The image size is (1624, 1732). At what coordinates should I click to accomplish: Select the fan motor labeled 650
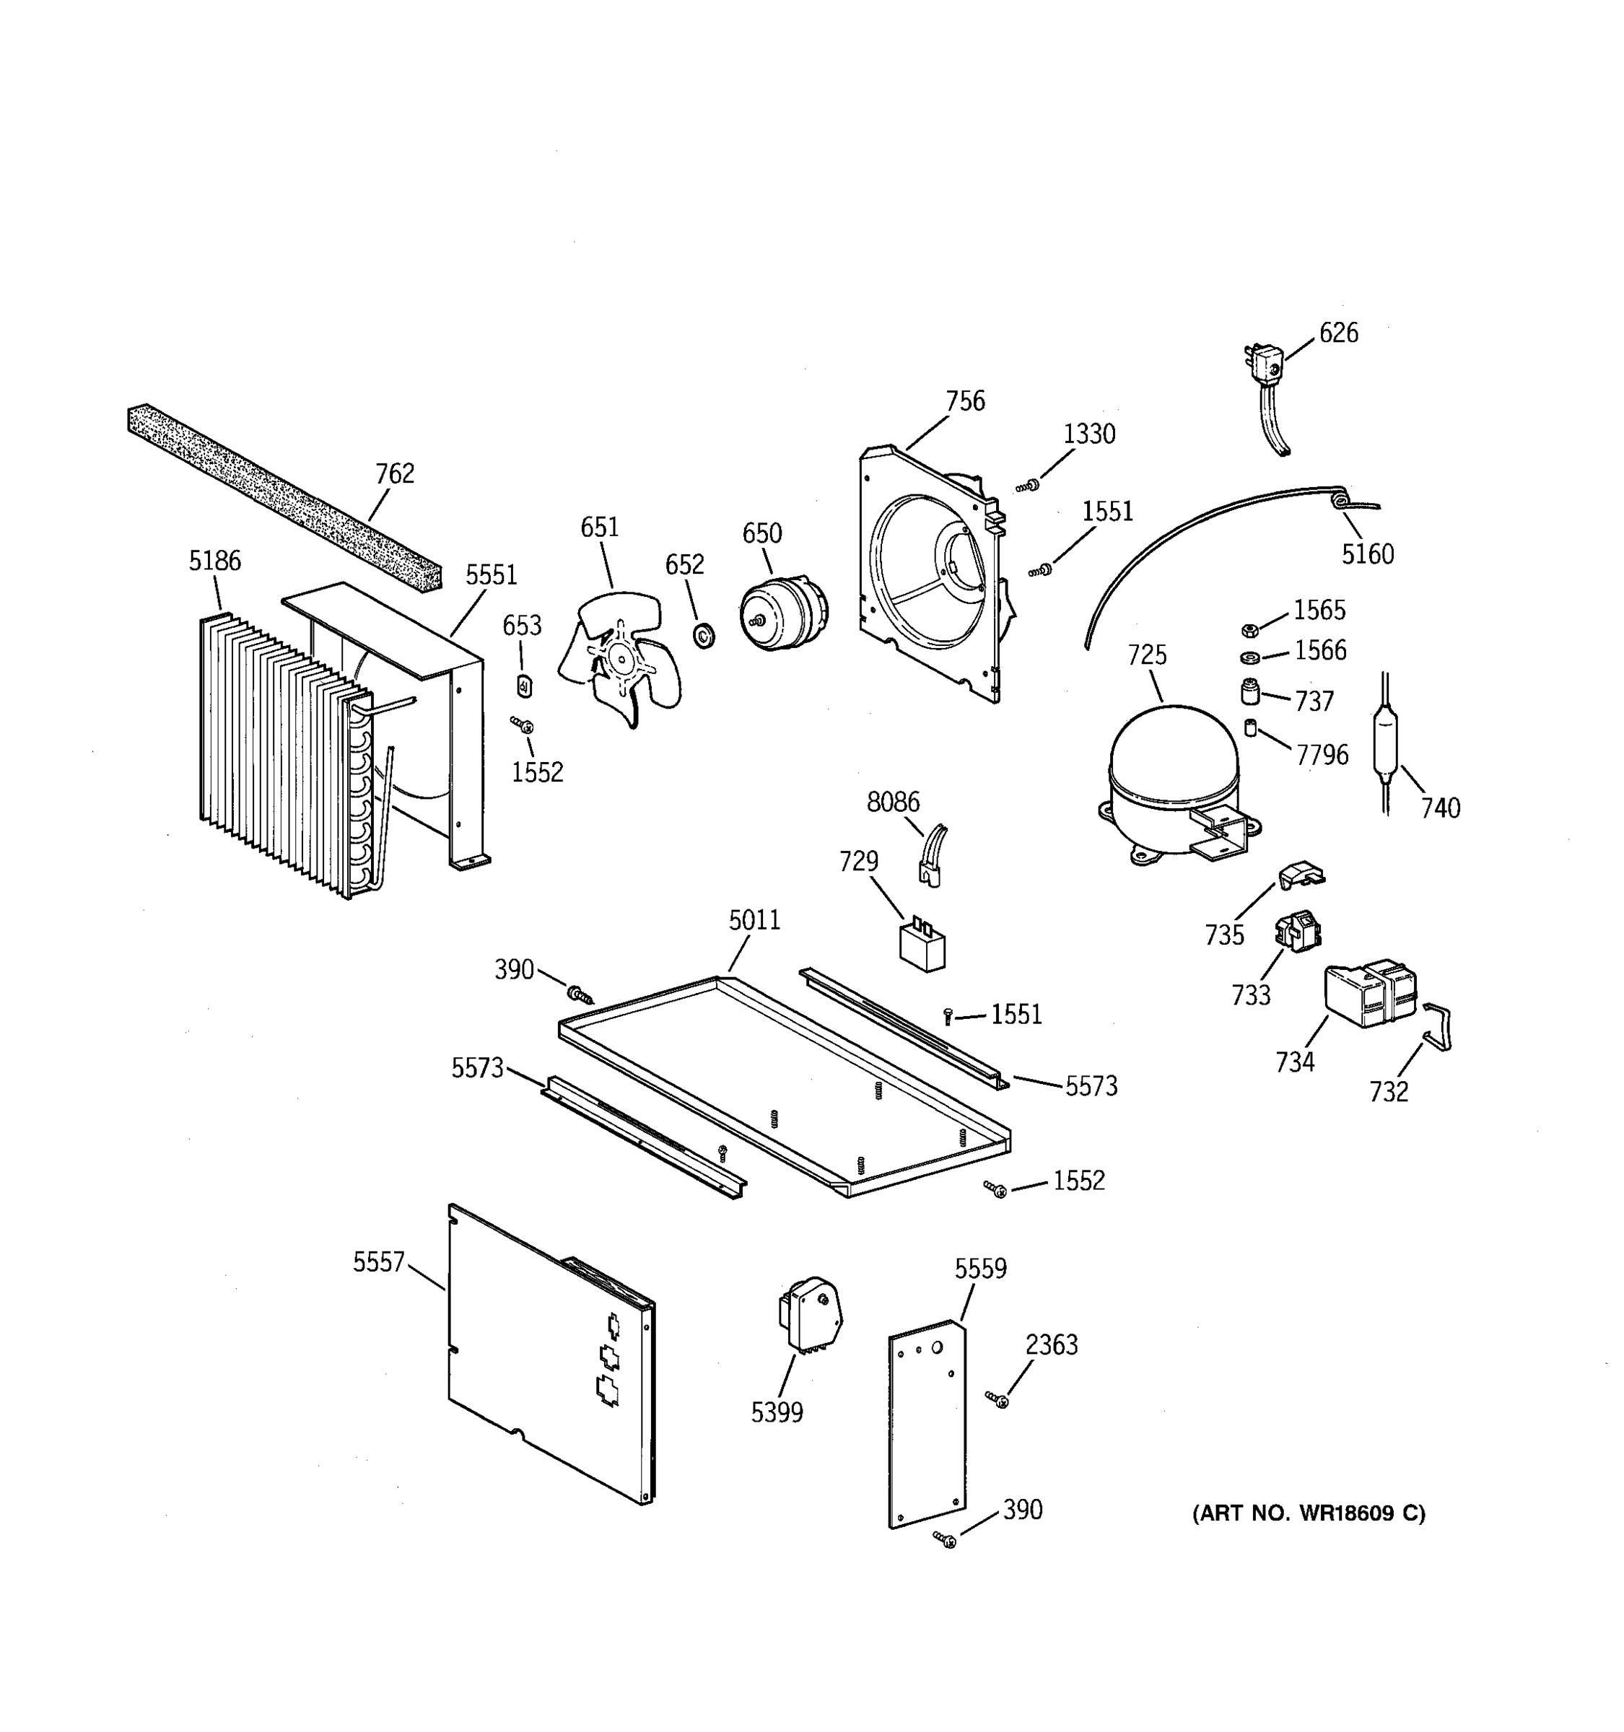[782, 613]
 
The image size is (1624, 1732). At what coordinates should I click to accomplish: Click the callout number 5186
[214, 561]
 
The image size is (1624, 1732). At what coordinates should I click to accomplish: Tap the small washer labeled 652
[703, 635]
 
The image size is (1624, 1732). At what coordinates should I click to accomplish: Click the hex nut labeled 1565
[1248, 630]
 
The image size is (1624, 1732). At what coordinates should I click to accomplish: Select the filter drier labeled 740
[1385, 741]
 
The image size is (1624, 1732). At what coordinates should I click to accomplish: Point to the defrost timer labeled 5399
[809, 1316]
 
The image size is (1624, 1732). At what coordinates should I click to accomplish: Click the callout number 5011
[754, 920]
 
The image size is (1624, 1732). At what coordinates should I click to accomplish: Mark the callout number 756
[965, 402]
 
